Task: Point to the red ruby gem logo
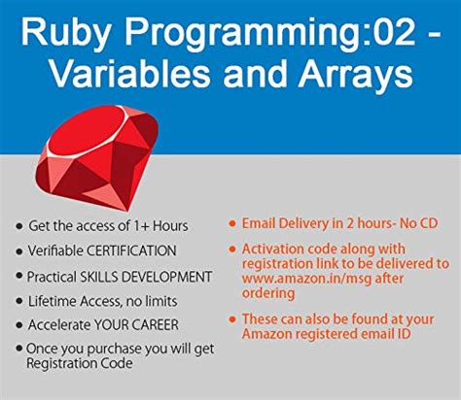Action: [x=96, y=157]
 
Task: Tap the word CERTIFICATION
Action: [x=131, y=250]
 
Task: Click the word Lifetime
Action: [x=53, y=301]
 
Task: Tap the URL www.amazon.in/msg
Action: [x=306, y=279]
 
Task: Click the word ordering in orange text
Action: [x=268, y=293]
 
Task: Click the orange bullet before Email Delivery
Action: [x=232, y=223]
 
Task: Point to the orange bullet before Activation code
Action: [x=232, y=249]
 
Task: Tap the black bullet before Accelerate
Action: [x=19, y=325]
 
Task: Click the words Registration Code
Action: [x=80, y=363]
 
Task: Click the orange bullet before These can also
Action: [x=232, y=319]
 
